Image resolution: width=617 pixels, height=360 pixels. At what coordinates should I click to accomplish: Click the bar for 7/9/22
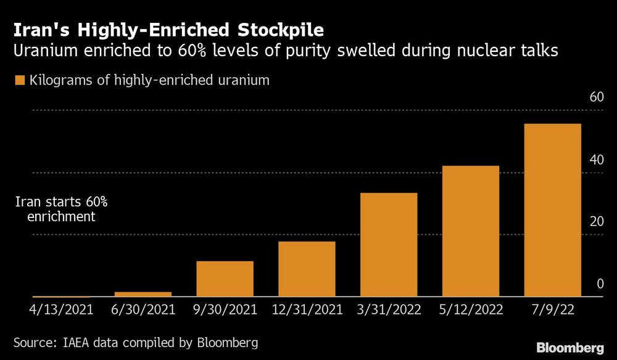(552, 210)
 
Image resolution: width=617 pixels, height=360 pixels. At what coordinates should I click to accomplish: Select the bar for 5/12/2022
(471, 231)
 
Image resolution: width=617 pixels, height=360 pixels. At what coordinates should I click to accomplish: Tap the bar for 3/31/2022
(389, 245)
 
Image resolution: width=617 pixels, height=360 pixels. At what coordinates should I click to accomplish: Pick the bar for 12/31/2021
(307, 269)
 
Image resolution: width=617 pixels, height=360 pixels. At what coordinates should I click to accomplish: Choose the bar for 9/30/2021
(225, 278)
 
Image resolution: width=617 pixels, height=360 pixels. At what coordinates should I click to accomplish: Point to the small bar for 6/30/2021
(143, 294)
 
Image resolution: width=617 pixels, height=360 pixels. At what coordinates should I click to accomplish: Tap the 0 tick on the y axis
(598, 284)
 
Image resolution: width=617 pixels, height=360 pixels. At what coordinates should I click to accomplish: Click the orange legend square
(19, 80)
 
